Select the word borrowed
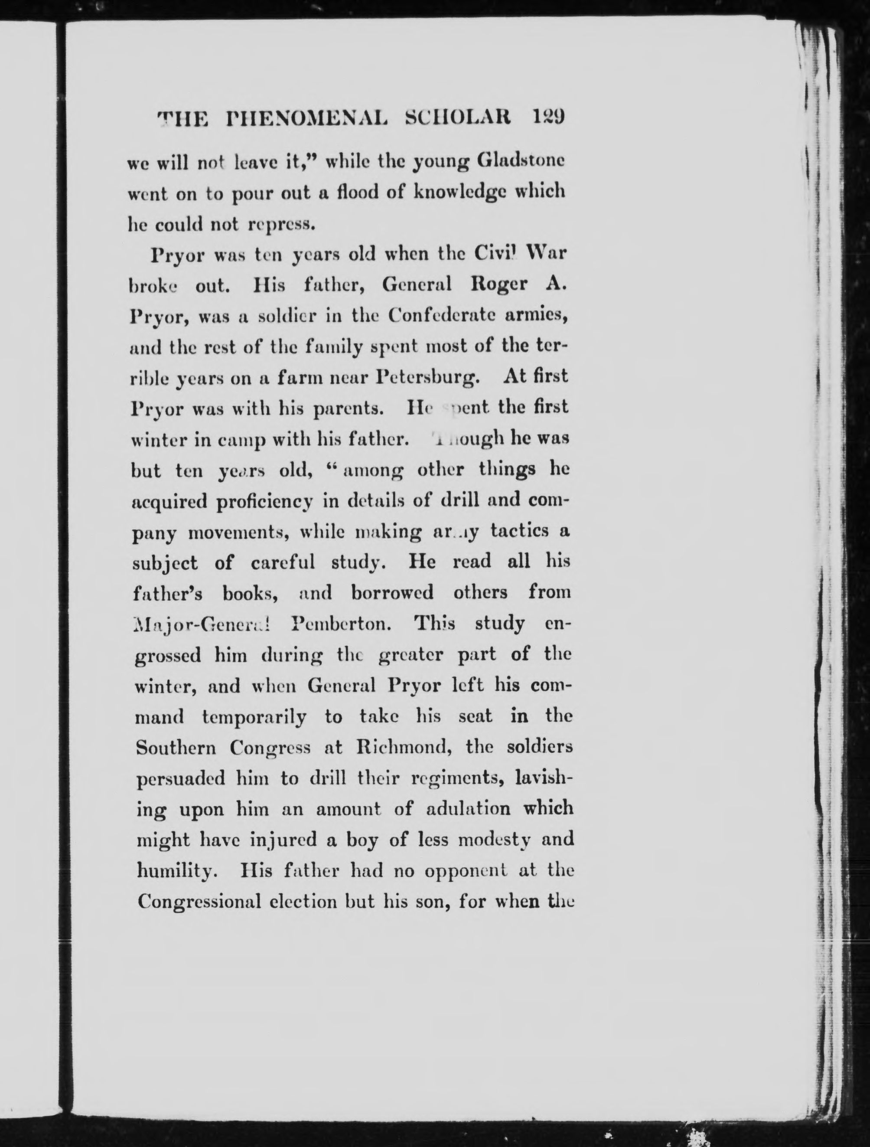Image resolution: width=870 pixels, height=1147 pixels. (391, 592)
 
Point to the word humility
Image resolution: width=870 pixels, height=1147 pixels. (173, 872)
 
